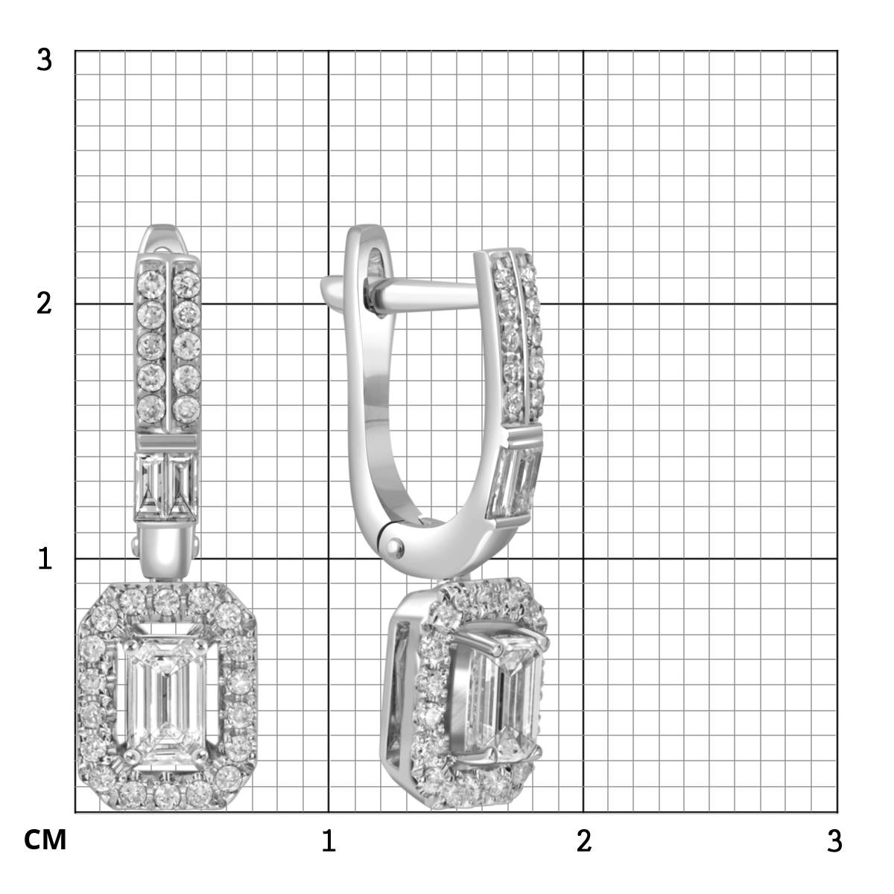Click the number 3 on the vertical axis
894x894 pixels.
tap(44, 60)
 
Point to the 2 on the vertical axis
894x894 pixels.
tap(44, 304)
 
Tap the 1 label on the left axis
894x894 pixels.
tap(45, 558)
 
